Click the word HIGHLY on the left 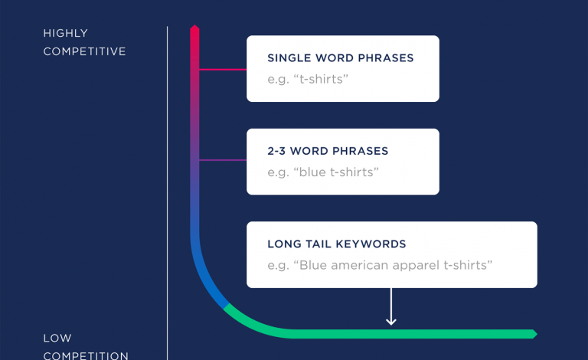(x=65, y=33)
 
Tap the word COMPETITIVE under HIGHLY (x=84, y=51)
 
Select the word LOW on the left (x=57, y=339)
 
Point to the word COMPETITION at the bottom (x=86, y=355)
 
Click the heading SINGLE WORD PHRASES (x=341, y=58)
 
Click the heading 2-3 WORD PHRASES (x=328, y=151)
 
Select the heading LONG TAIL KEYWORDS (x=336, y=244)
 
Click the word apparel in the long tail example (x=415, y=266)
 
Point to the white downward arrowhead (x=391, y=322)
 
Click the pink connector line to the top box (x=223, y=70)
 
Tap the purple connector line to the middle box (x=223, y=160)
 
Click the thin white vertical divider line (x=167, y=193)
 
